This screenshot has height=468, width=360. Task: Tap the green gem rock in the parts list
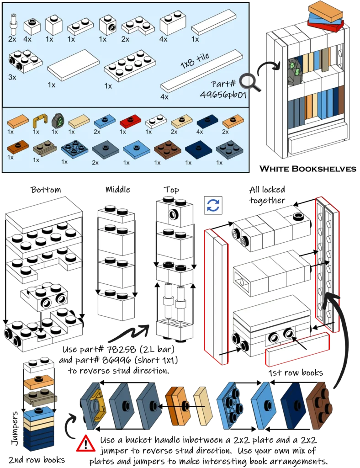tap(58, 122)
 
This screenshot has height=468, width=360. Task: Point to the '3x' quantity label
tap(12, 78)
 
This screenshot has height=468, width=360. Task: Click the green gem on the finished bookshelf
tap(293, 71)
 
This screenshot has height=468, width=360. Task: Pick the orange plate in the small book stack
tap(38, 383)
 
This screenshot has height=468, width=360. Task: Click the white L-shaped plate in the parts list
tap(138, 26)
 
